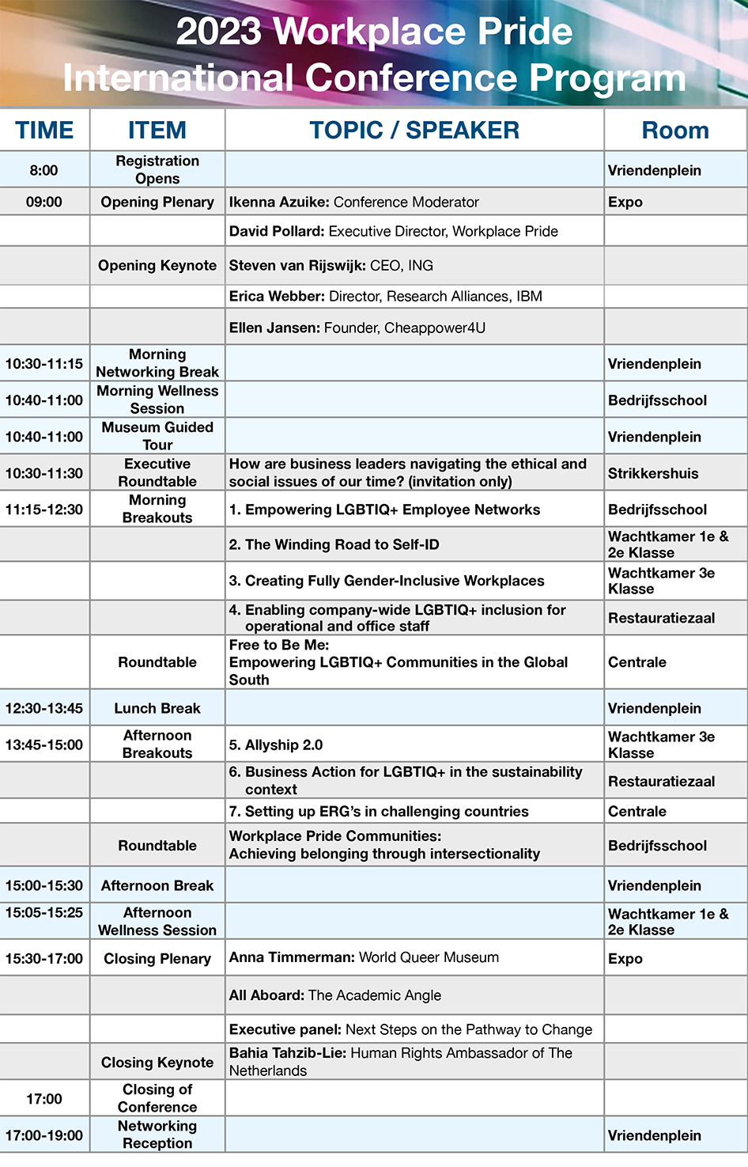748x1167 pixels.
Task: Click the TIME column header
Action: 44,130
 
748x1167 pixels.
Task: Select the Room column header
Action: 674,130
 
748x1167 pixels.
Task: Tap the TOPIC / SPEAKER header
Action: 414,130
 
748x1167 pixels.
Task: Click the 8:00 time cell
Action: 44,170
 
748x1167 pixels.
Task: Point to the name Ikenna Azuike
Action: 278,202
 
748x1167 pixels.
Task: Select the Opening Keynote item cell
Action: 157,266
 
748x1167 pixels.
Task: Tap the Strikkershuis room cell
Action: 653,474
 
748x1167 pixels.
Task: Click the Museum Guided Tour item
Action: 157,436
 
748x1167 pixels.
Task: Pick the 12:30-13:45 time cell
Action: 44,708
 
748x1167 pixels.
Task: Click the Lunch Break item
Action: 157,708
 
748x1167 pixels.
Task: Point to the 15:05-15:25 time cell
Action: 44,912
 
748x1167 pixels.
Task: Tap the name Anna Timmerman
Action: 292,957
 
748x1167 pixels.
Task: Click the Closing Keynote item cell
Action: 157,1063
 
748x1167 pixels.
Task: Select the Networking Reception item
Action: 157,1135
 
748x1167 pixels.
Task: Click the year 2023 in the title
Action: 218,32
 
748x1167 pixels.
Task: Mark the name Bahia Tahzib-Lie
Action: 288,1053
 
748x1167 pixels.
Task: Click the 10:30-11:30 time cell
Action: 44,474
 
